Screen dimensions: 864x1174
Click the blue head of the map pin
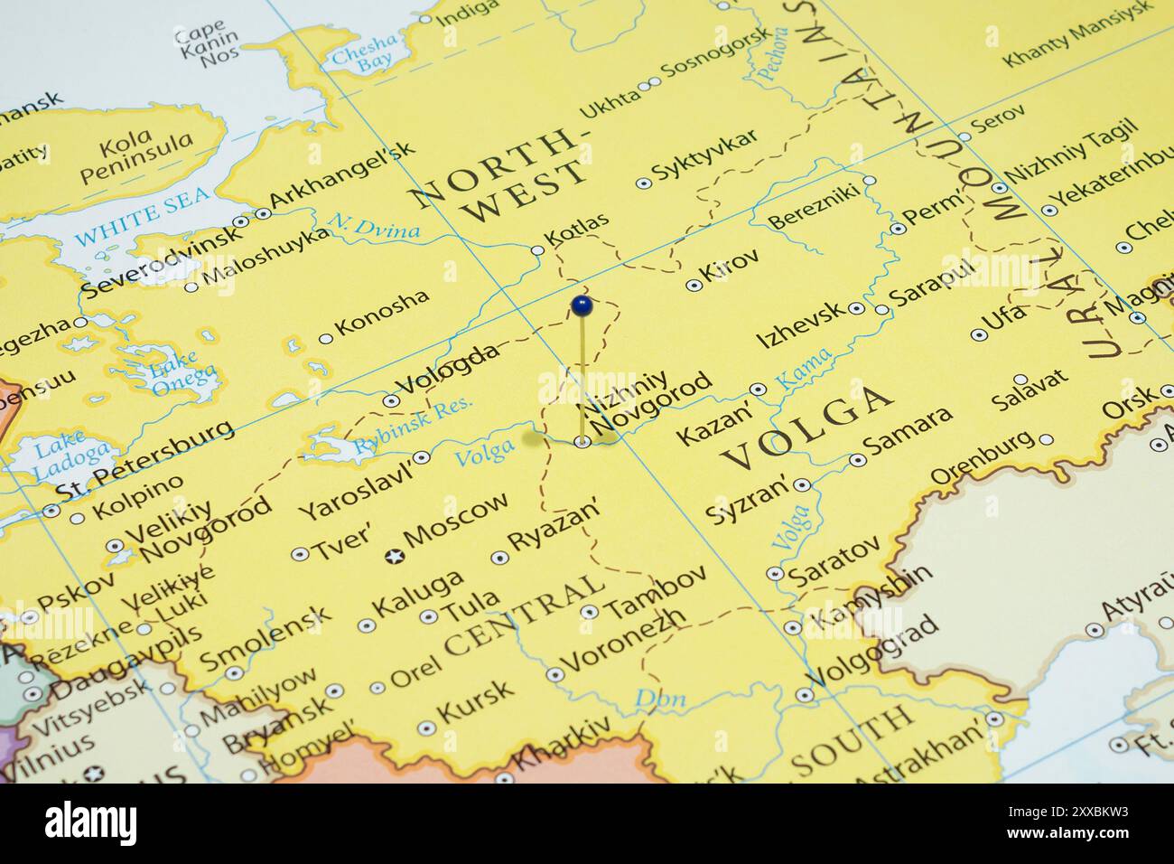[x=582, y=305]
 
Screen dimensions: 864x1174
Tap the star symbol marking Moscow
[x=393, y=557]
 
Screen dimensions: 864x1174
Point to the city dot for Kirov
[x=694, y=285]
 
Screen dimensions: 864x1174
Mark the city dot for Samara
[x=857, y=460]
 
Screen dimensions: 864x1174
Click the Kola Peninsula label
[x=135, y=157]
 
